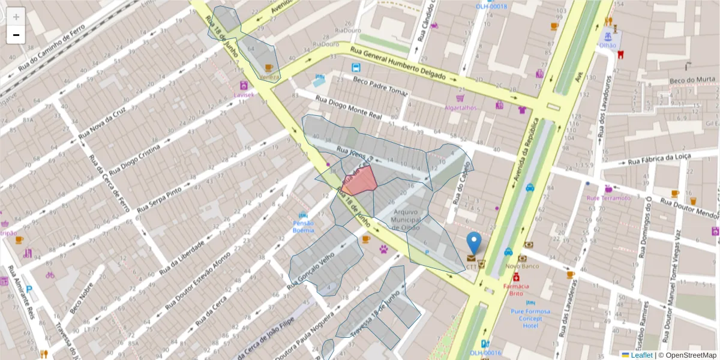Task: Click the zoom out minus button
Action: tap(16, 35)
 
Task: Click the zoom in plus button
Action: tap(16, 17)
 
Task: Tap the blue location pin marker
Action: tap(473, 243)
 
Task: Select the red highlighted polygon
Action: tap(361, 180)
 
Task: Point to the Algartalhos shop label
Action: tap(460, 107)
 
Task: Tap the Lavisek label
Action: tap(244, 95)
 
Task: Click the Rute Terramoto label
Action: tap(608, 198)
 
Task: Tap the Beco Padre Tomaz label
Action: tap(380, 86)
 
